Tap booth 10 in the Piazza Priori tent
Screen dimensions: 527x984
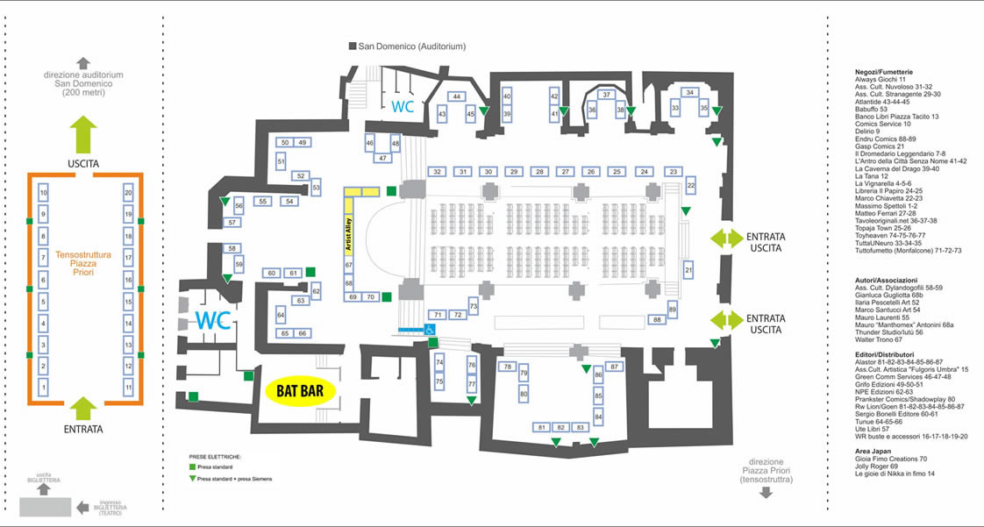(x=44, y=192)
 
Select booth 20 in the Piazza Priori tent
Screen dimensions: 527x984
(x=129, y=192)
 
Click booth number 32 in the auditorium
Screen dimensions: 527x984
(x=437, y=172)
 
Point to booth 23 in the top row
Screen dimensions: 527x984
(x=674, y=172)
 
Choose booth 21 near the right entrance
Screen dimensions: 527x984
(x=688, y=270)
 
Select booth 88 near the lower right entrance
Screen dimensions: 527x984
(x=657, y=320)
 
